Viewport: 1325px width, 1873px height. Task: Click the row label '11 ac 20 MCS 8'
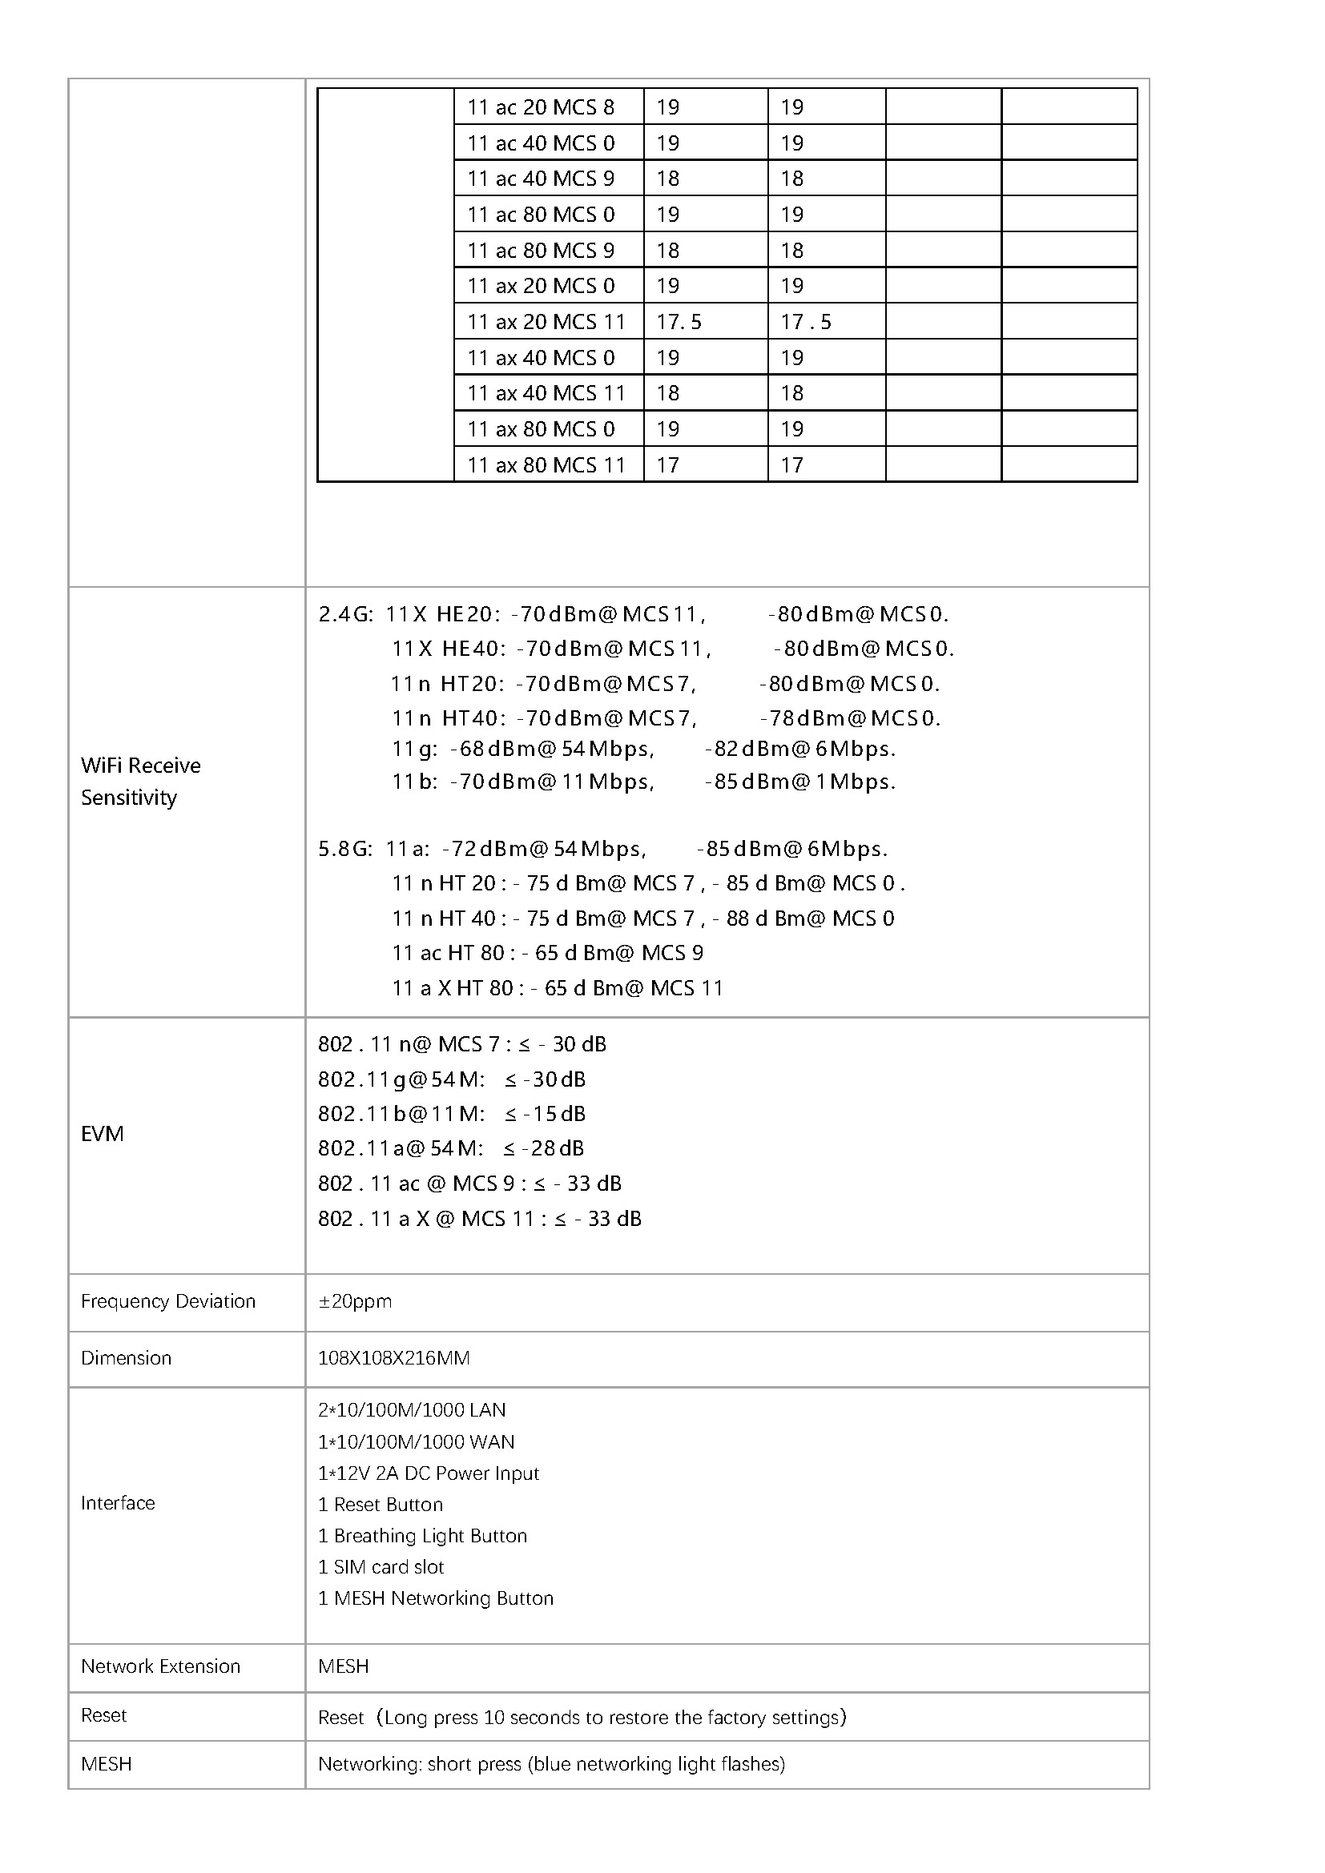[540, 107]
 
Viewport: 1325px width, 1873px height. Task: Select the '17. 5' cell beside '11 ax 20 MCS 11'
[679, 322]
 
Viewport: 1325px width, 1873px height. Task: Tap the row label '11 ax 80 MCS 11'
[546, 465]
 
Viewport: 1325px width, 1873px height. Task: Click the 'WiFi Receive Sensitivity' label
[140, 781]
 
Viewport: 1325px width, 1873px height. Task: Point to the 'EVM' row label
[102, 1134]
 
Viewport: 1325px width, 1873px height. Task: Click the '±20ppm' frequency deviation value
[355, 1301]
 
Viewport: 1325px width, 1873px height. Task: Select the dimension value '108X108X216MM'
[393, 1358]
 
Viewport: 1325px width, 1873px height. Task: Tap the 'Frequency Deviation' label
[168, 1301]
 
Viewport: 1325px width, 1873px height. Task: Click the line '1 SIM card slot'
[381, 1567]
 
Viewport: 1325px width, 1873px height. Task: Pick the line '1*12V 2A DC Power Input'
[429, 1473]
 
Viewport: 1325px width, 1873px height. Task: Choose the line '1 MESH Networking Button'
[436, 1598]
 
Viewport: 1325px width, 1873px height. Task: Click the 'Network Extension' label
[161, 1666]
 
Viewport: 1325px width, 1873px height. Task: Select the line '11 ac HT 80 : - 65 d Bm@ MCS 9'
[547, 953]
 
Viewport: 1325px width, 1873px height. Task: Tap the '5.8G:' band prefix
[345, 849]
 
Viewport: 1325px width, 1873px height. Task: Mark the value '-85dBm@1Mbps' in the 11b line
[799, 782]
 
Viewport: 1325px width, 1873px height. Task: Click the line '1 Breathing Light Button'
[423, 1536]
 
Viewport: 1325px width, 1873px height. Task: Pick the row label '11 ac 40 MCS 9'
[540, 179]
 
